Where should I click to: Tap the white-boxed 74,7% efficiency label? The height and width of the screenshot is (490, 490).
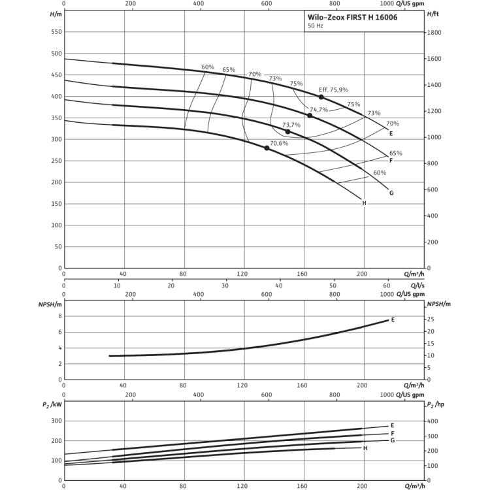pos(318,110)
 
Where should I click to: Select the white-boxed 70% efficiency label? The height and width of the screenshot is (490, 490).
pos(255,75)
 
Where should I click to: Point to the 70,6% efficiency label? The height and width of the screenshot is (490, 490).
pos(278,143)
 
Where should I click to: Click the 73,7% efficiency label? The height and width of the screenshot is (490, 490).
pos(291,125)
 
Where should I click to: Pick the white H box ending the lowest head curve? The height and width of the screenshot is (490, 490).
pos(364,203)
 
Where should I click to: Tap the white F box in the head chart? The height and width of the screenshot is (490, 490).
pos(391,161)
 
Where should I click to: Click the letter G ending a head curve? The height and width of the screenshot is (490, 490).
pos(391,193)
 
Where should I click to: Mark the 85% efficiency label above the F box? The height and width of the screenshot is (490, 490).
pos(395,152)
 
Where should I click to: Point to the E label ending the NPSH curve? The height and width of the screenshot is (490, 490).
pos(393,319)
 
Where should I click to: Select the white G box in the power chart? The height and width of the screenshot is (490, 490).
pos(391,441)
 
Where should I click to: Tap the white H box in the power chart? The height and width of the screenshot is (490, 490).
pos(364,448)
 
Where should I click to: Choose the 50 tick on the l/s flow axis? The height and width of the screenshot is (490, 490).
pos(333,285)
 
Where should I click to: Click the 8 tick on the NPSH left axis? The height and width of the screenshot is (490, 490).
pos(59,316)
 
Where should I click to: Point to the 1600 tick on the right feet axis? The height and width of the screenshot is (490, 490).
pos(433,59)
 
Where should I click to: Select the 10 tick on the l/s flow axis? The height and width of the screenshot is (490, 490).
pos(118,285)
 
